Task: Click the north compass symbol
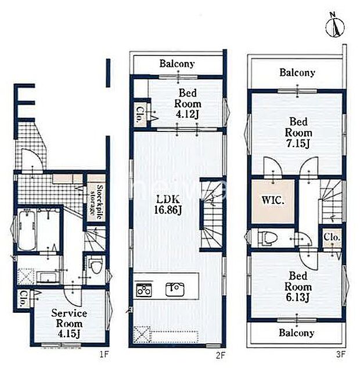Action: (335, 26)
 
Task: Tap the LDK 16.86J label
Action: (168, 205)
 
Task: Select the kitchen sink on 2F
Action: (175, 290)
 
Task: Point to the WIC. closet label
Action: (273, 201)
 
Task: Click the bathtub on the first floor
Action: (27, 230)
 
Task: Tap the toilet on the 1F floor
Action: (95, 267)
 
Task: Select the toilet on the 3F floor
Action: (268, 238)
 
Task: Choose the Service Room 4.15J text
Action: (69, 323)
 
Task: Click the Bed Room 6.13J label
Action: (298, 287)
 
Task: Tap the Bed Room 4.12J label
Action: (188, 103)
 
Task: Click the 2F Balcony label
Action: (177, 63)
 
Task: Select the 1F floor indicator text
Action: (104, 354)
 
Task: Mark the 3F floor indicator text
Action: (340, 354)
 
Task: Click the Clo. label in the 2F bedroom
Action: (140, 115)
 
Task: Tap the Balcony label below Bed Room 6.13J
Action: (297, 333)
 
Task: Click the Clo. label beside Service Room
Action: (23, 299)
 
